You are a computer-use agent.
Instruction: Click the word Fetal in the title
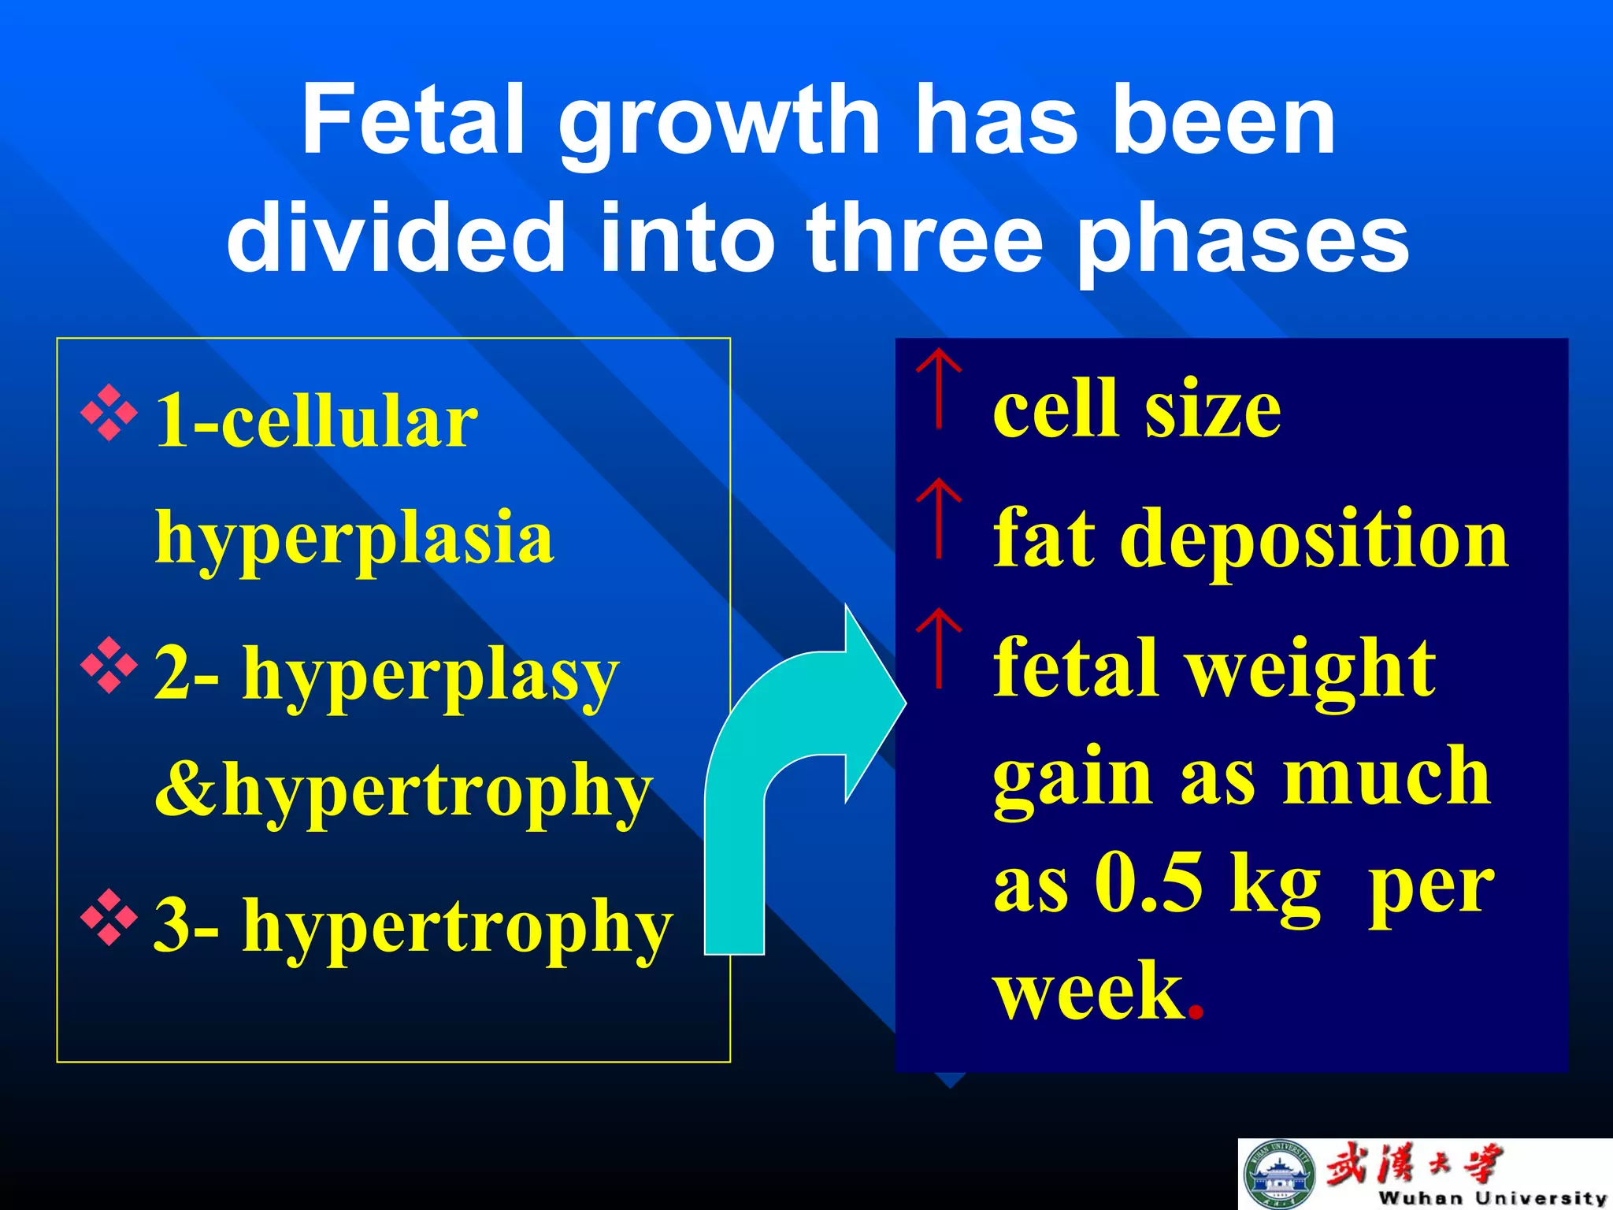pos(413,120)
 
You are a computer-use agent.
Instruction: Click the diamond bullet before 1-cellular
pos(109,413)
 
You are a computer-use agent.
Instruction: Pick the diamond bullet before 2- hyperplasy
pos(109,666)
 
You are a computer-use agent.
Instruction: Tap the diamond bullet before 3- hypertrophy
pos(109,918)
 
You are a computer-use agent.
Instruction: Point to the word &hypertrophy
pos(403,790)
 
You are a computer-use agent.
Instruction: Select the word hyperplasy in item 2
pos(430,675)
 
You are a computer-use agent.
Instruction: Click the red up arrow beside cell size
pos(938,388)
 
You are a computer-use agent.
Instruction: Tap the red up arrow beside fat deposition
pos(938,518)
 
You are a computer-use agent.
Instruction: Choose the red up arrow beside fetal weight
pos(938,647)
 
